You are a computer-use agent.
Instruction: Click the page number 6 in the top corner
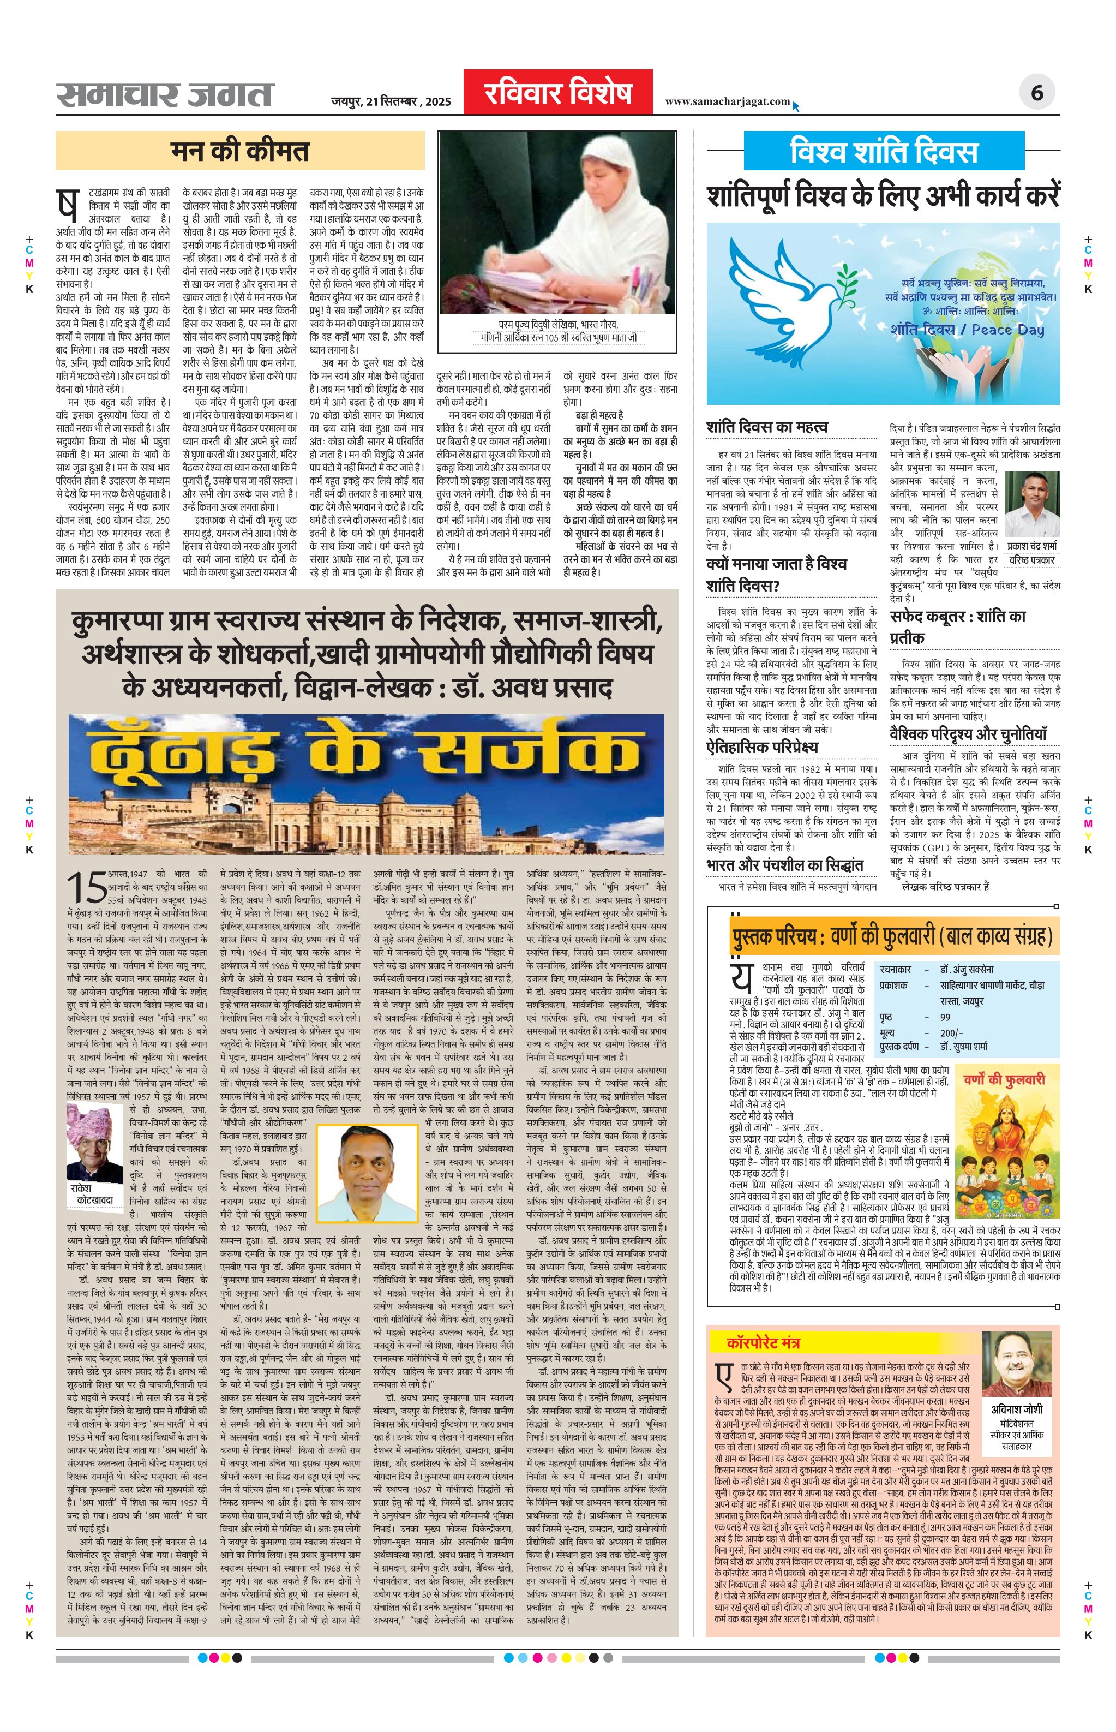coord(1037,93)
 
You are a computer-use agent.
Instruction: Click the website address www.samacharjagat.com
coord(727,101)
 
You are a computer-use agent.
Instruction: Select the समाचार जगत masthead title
coord(165,95)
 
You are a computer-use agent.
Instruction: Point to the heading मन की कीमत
coord(240,151)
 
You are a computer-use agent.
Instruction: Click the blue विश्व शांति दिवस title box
coord(884,152)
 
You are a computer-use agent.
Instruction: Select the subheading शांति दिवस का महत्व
coord(767,427)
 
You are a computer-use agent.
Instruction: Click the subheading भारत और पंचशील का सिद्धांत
coord(785,865)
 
